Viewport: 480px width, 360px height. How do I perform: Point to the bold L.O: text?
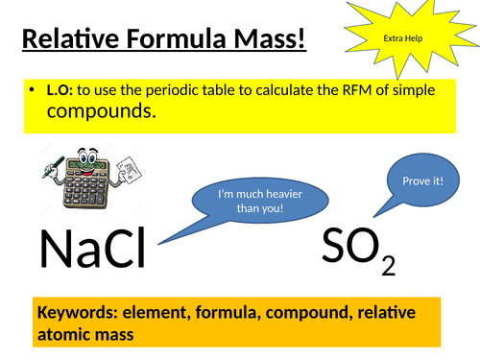[60, 90]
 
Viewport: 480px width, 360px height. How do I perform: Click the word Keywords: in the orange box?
[76, 314]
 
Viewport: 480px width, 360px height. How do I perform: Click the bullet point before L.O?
[35, 91]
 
